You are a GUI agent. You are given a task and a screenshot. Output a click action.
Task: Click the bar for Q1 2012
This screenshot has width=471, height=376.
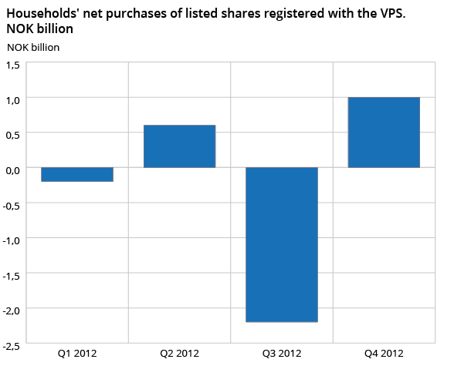coord(77,174)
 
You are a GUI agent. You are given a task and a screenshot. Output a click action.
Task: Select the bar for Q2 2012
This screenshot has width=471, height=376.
coord(179,146)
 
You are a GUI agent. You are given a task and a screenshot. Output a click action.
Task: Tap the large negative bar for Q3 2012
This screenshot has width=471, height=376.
coord(282,244)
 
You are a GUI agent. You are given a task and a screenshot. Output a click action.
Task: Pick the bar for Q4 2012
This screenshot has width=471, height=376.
coord(384,133)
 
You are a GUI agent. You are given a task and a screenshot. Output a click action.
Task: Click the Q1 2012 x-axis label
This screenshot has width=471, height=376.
coord(77,354)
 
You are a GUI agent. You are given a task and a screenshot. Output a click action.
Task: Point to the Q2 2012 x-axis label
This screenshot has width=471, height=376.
coord(179,354)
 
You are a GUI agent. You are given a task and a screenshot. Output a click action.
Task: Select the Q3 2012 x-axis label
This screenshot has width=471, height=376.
coord(282,354)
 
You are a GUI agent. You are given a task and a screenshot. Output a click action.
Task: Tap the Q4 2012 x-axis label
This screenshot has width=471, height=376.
coord(384,354)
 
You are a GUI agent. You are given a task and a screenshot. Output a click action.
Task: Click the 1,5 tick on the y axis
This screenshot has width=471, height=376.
coord(13,65)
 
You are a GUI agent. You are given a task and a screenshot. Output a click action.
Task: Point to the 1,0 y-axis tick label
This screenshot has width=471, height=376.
coord(13,99)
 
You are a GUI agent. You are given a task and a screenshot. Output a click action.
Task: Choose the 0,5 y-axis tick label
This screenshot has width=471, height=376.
coord(13,135)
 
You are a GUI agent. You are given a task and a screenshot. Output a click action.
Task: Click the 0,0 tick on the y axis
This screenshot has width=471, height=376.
coord(13,170)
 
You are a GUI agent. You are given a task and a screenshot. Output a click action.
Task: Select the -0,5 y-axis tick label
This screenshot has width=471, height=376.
coord(12,205)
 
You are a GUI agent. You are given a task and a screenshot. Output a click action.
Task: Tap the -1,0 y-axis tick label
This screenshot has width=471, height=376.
coord(12,240)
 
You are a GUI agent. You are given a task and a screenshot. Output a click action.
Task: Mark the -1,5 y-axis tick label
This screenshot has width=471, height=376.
coord(12,275)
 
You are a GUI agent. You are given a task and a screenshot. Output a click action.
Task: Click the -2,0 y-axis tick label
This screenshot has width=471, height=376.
coord(12,311)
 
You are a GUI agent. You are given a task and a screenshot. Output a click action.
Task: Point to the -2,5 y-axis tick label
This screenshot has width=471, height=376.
coord(12,345)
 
